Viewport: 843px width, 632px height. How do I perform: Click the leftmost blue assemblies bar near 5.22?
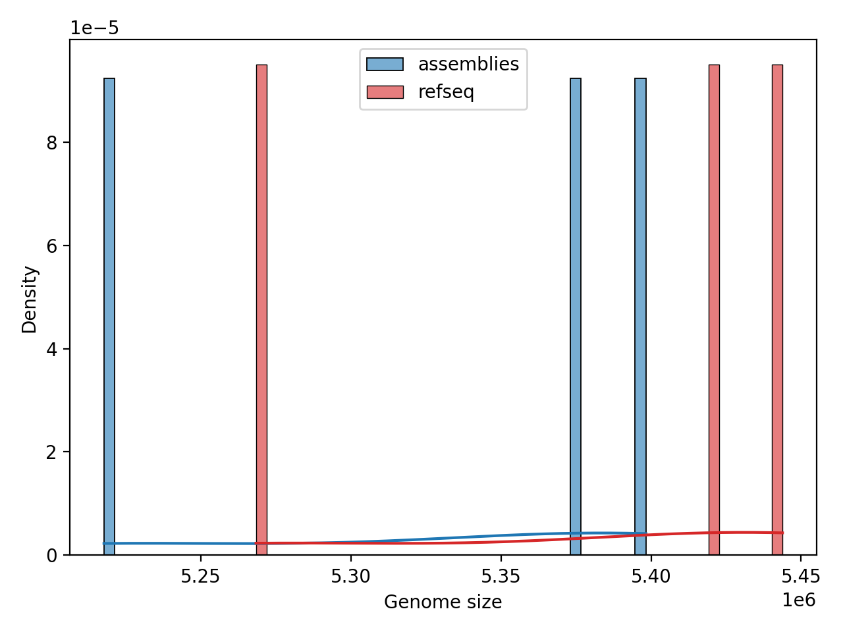pyautogui.click(x=109, y=316)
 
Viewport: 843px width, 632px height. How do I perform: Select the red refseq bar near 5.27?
pyautogui.click(x=261, y=309)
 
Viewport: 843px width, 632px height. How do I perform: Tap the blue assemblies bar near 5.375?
pyautogui.click(x=576, y=316)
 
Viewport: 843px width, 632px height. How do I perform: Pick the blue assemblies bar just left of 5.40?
pyautogui.click(x=640, y=316)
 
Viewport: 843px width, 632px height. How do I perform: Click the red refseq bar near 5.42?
pyautogui.click(x=714, y=309)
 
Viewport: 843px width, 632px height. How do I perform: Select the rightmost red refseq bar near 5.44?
pyautogui.click(x=777, y=309)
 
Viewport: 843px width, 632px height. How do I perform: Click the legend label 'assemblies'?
pyautogui.click(x=468, y=65)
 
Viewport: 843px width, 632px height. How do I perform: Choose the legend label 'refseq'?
pyautogui.click(x=446, y=92)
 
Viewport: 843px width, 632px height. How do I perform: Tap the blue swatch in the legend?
pyautogui.click(x=385, y=65)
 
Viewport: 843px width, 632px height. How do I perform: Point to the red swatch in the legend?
pyautogui.click(x=385, y=92)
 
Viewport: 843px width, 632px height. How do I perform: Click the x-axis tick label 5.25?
pyautogui.click(x=201, y=577)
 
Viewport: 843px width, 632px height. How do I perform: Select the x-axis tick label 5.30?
pyautogui.click(x=351, y=577)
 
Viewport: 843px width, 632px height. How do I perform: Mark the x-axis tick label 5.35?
pyautogui.click(x=501, y=577)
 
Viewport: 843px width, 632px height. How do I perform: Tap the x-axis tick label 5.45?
pyautogui.click(x=801, y=577)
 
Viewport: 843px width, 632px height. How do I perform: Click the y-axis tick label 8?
pyautogui.click(x=51, y=143)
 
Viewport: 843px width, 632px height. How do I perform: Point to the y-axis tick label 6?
pyautogui.click(x=51, y=246)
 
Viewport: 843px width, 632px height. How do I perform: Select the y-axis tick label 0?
pyautogui.click(x=51, y=556)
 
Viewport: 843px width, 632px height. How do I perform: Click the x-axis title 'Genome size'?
pyautogui.click(x=443, y=602)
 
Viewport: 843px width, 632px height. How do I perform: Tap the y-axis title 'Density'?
pyautogui.click(x=30, y=299)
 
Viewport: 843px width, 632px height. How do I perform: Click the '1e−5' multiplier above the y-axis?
pyautogui.click(x=95, y=28)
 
